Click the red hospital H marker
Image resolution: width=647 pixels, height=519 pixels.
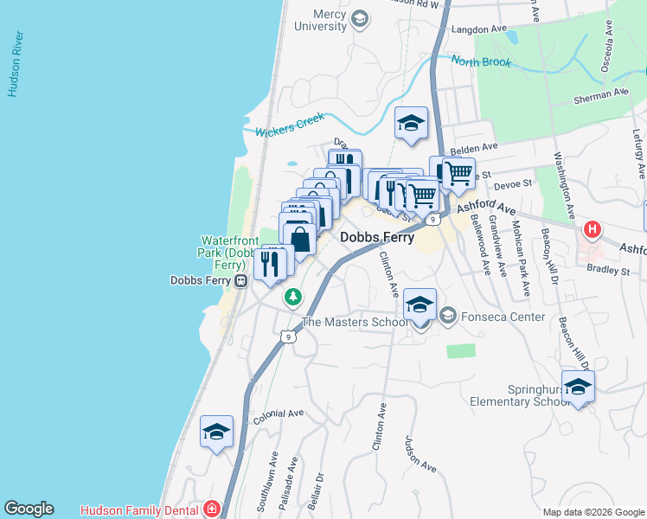click(x=593, y=230)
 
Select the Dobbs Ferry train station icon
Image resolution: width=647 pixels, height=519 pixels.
click(x=241, y=280)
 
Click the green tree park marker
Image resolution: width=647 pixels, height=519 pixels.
click(x=294, y=298)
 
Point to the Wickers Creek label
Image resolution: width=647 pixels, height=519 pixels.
click(x=290, y=124)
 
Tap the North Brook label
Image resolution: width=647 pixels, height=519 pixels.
click(x=480, y=62)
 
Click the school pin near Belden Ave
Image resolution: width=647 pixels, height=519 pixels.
click(x=412, y=123)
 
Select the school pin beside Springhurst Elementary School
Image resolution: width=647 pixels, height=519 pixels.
click(x=578, y=388)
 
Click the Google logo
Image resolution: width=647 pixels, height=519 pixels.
click(x=29, y=509)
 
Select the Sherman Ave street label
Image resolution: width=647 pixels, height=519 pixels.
click(x=601, y=95)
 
